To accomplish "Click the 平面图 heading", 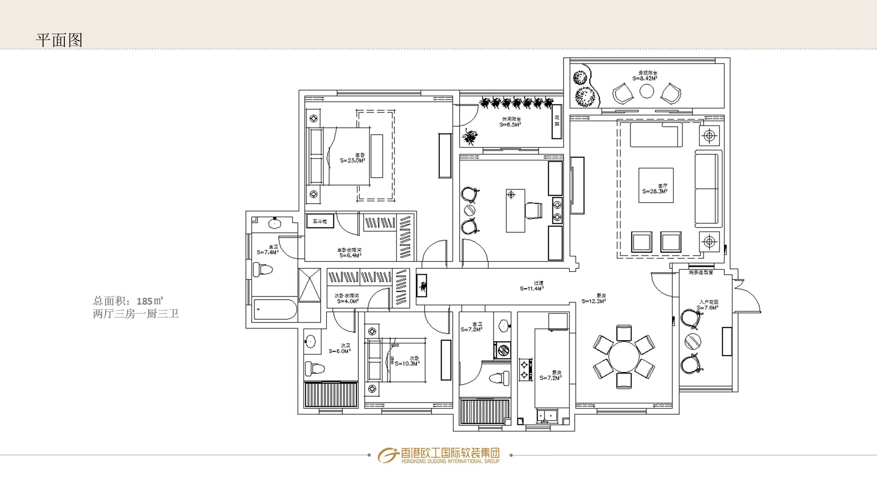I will click(x=59, y=40).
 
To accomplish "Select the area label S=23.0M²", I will click(x=352, y=161).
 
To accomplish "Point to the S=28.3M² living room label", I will click(x=655, y=191).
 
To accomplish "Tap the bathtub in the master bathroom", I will click(x=275, y=309).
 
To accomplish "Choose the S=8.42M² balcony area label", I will click(x=645, y=78).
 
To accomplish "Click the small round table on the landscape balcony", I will click(x=647, y=92).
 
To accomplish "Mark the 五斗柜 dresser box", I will click(x=320, y=221).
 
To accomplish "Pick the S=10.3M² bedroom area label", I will click(x=407, y=364).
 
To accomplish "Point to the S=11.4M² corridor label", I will click(x=532, y=288).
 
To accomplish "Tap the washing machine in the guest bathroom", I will click(x=502, y=350).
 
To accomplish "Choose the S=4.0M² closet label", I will click(x=347, y=301).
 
